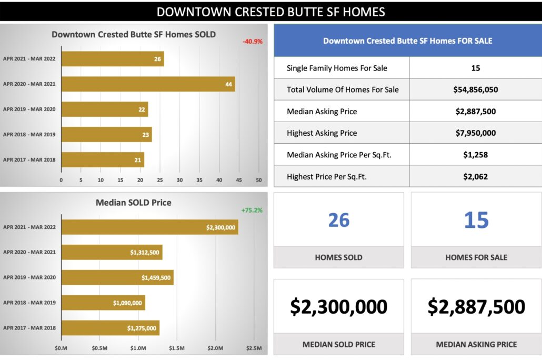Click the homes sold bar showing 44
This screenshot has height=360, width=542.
148,84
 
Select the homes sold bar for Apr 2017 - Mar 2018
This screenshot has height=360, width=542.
103,159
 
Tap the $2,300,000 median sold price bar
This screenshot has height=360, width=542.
149,227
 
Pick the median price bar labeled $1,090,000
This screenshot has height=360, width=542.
103,303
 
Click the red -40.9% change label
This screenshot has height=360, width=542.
253,41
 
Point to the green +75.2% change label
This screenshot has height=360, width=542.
252,210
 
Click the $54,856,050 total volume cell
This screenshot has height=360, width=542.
475,89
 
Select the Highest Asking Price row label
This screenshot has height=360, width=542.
322,133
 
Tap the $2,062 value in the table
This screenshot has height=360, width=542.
475,176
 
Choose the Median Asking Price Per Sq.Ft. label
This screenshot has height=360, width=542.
339,155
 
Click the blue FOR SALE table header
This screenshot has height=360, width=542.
407,41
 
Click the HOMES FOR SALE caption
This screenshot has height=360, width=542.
476,257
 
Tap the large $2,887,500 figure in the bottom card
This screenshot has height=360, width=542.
476,306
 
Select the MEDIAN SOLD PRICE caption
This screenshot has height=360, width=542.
339,344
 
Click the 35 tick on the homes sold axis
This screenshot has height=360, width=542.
199,180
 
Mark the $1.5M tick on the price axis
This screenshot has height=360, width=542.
177,348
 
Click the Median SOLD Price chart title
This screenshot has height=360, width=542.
133,203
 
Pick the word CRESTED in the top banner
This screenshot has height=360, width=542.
250,12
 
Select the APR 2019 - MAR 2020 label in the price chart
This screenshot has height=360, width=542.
29,277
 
